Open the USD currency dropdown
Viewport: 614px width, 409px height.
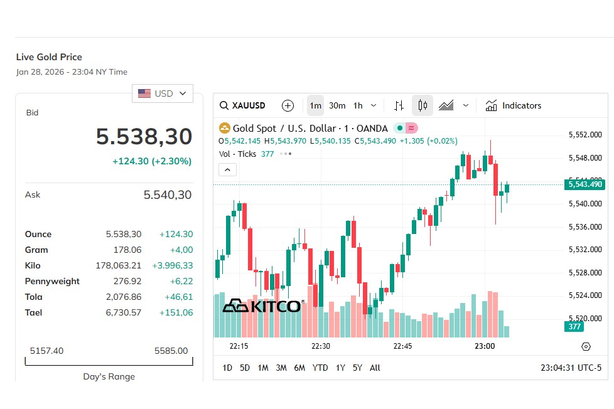tap(162, 93)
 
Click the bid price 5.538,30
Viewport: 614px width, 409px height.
tap(144, 137)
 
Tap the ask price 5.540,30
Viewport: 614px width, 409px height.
tap(168, 195)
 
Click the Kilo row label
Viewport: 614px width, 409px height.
tap(33, 265)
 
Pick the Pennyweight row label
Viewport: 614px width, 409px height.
tap(52, 281)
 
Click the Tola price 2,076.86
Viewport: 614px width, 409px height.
tap(124, 297)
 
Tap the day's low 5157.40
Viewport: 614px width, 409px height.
tap(46, 351)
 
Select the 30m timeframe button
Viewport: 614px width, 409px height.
tap(337, 105)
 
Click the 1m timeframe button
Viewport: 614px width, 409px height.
tap(315, 105)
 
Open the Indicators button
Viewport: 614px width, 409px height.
tap(513, 105)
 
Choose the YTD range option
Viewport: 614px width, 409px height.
tap(320, 368)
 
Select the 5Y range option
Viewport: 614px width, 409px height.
tap(357, 368)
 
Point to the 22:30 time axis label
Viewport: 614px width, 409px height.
tap(321, 346)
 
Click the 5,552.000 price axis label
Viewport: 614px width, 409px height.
tap(585, 135)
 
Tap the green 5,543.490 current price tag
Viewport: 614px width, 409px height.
tap(585, 184)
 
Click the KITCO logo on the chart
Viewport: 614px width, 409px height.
tap(262, 306)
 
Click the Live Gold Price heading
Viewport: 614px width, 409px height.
tap(49, 57)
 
